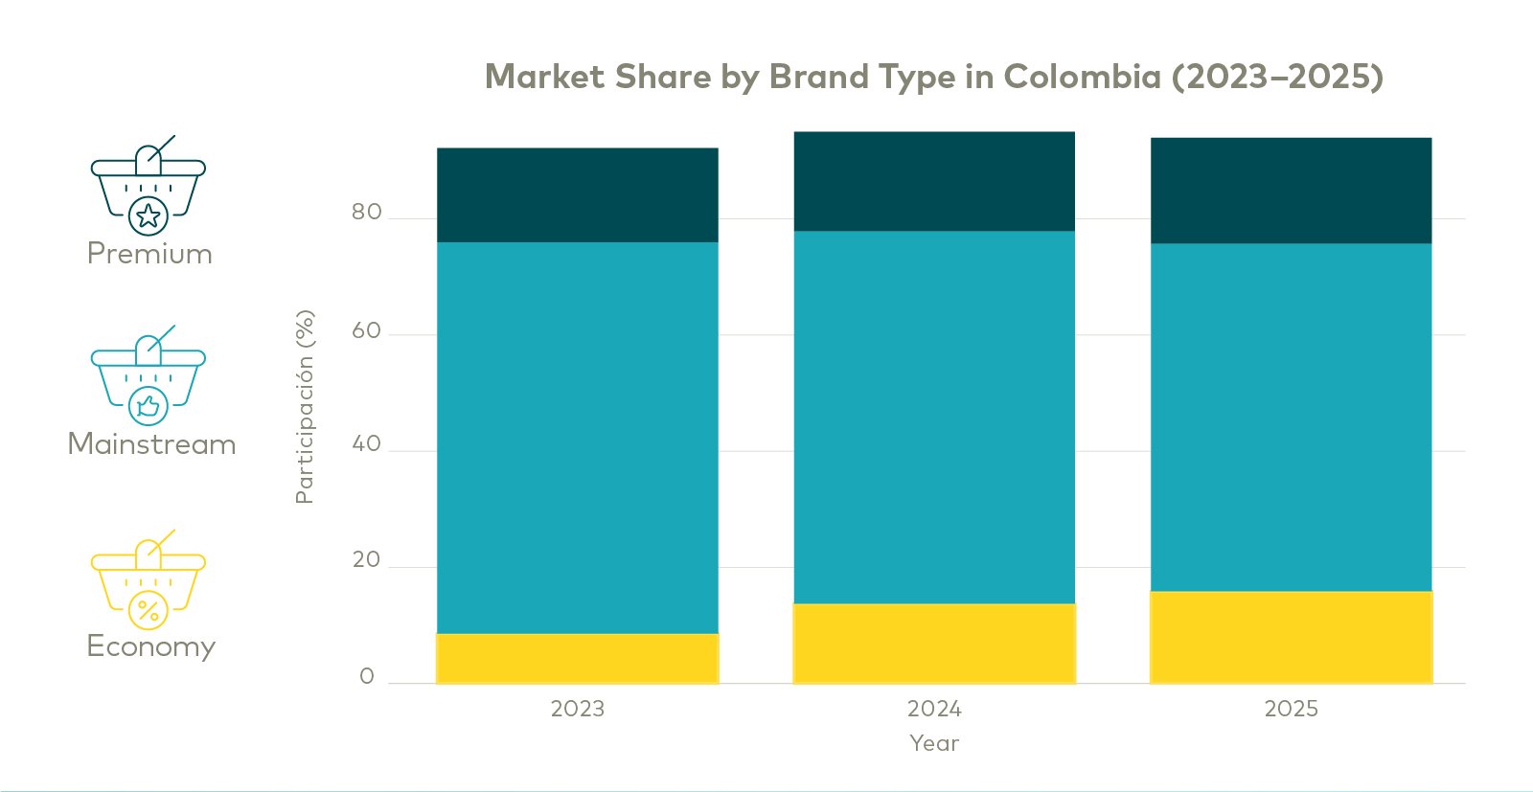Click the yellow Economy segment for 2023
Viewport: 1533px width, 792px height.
tap(577, 658)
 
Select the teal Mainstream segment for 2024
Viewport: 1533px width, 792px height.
tap(934, 417)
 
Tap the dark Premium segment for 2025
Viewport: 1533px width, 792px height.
tap(1291, 191)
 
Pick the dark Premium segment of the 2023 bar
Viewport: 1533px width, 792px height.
tap(577, 194)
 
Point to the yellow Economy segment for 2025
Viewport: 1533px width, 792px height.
tap(1291, 637)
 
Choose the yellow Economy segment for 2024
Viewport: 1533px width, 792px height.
tap(934, 643)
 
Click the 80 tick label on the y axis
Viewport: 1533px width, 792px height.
tap(366, 212)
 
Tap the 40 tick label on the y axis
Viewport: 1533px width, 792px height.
tap(366, 443)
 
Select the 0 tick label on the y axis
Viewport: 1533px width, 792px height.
tap(366, 676)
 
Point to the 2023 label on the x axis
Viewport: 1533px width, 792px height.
tap(577, 709)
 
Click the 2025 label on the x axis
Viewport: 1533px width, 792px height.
tap(1291, 709)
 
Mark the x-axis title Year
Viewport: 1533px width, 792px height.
tap(934, 743)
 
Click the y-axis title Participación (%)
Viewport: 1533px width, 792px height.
tap(305, 407)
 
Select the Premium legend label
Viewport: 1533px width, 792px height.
tap(149, 254)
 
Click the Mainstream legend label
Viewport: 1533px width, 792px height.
tap(151, 444)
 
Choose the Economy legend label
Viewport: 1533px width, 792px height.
tap(150, 646)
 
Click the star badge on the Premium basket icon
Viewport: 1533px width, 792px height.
tap(149, 215)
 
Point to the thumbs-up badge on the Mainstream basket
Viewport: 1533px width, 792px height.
tap(149, 406)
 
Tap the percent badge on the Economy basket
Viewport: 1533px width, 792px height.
tap(149, 609)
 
